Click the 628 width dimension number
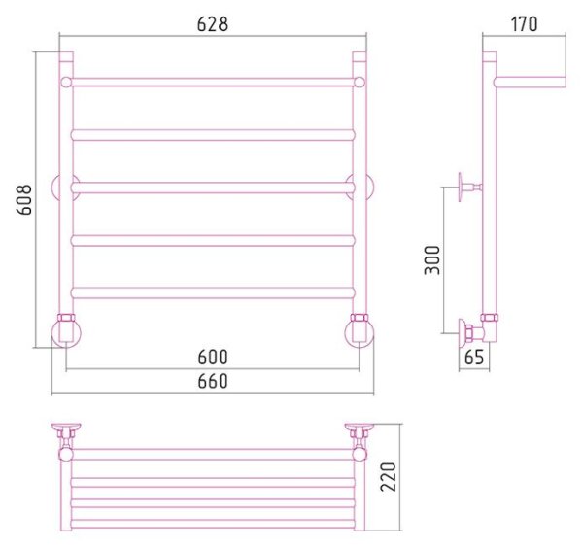tap(212, 24)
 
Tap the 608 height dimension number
tap(24, 199)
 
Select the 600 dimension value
tap(213, 357)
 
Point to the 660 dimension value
tap(213, 382)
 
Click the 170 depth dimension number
tap(525, 24)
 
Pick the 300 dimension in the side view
tap(432, 259)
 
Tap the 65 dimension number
tap(474, 358)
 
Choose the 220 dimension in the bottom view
tap(388, 477)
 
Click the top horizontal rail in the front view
tap(213, 83)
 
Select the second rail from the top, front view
tap(213, 135)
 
